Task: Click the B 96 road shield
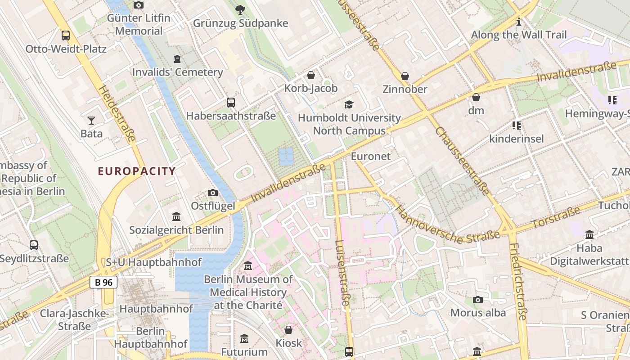click(x=103, y=282)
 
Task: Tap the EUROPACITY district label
click(x=137, y=171)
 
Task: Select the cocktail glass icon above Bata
click(x=91, y=120)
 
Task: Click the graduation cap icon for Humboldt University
click(x=349, y=104)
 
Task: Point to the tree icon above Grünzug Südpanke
click(x=240, y=9)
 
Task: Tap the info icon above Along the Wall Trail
click(x=519, y=21)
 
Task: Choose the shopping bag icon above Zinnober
click(x=405, y=76)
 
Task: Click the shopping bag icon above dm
click(x=476, y=97)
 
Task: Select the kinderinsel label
click(x=516, y=138)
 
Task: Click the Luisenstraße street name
click(x=342, y=273)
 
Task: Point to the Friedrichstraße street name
click(x=517, y=282)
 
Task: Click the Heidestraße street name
click(x=116, y=114)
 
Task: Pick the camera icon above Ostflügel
click(x=213, y=193)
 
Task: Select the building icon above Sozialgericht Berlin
click(x=176, y=217)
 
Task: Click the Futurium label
click(x=244, y=351)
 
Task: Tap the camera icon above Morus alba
click(x=478, y=300)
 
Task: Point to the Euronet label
click(x=370, y=156)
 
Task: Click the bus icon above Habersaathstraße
click(x=231, y=102)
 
